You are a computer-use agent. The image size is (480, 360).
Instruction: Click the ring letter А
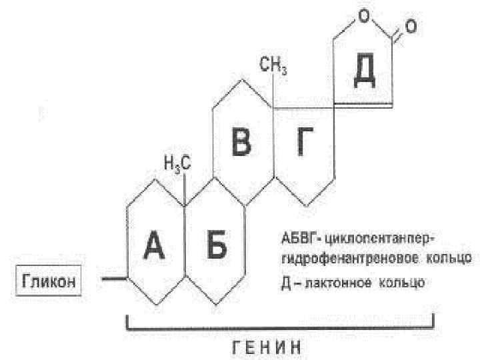pos(155,248)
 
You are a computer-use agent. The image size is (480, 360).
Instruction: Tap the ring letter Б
pos(215,248)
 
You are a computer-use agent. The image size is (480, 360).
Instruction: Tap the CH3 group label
pos(273,65)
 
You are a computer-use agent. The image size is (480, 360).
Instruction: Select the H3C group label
pos(177,163)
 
